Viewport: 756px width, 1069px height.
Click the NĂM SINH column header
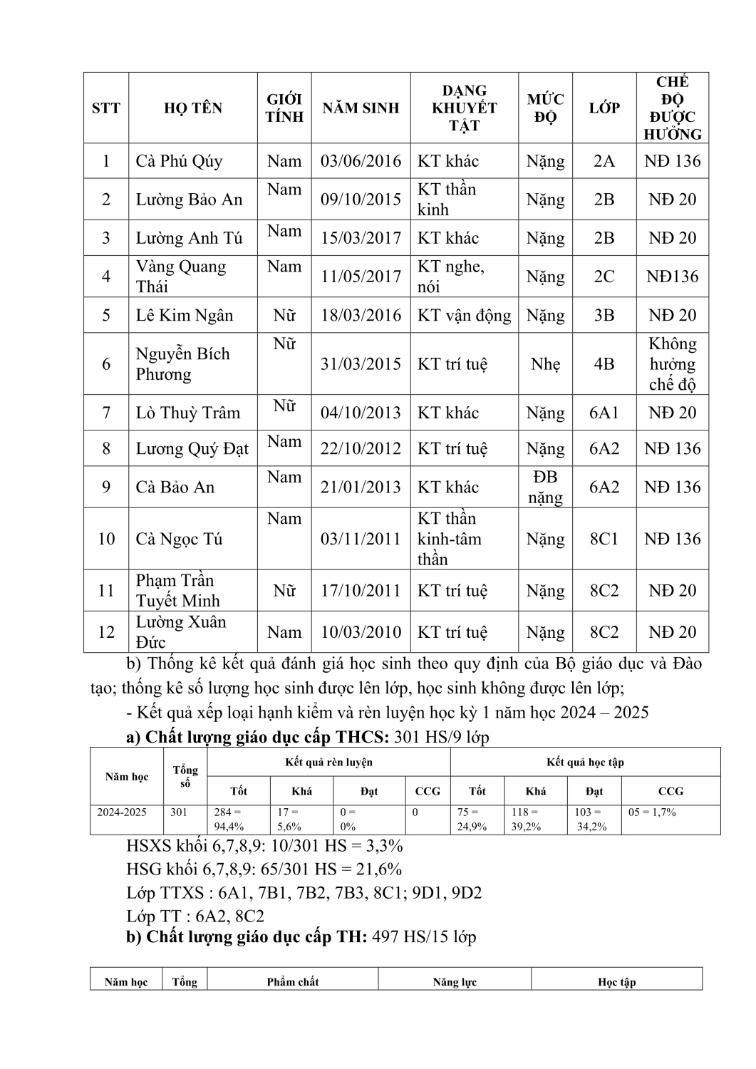[361, 108]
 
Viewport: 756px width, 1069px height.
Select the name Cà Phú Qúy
[179, 161]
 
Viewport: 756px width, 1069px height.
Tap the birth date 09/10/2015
[361, 200]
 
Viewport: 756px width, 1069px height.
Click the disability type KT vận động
[464, 316]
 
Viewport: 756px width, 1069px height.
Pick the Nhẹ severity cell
[545, 364]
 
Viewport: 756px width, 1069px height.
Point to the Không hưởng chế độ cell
[672, 364]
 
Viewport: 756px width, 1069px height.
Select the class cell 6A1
[604, 413]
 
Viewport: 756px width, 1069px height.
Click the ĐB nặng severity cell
[545, 487]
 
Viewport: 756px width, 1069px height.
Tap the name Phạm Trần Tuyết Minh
[178, 591]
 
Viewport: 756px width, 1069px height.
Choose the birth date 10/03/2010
[361, 633]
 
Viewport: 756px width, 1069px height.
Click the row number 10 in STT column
[106, 539]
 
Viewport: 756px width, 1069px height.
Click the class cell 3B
[604, 316]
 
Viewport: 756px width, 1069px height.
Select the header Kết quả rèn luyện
[328, 763]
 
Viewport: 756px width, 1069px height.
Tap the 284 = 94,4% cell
[229, 820]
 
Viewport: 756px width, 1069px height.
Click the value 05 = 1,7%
[652, 812]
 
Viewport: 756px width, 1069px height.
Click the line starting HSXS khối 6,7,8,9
[264, 847]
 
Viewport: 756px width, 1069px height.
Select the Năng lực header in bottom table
[455, 982]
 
